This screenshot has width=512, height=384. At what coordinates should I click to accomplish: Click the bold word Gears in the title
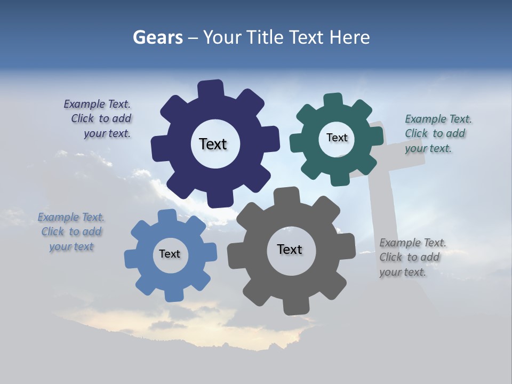(157, 37)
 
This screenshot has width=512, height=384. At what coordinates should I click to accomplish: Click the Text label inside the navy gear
(213, 144)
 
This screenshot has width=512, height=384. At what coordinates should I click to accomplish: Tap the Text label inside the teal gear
(337, 138)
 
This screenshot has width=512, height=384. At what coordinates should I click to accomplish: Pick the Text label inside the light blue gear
(170, 254)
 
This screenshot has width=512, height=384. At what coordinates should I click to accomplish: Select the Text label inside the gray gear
(290, 249)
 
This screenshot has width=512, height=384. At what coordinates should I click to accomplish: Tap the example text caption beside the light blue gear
(71, 231)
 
